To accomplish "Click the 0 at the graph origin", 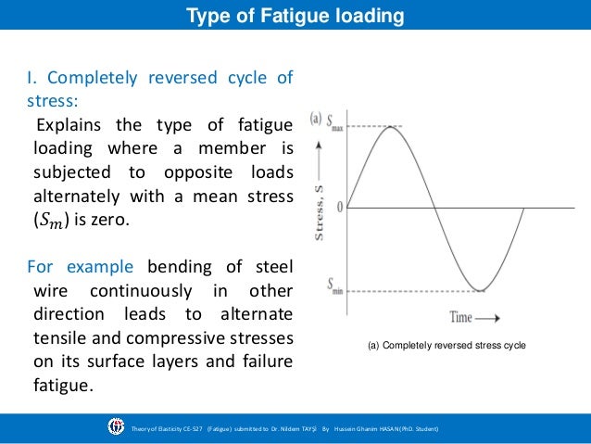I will pos(339,208).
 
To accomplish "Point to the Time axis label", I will pos(461,317).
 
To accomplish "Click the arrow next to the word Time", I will pos(491,318).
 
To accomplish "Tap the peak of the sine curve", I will pos(391,126).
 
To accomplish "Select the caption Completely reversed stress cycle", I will pos(446,346).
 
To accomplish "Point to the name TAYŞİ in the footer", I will pos(306,429).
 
